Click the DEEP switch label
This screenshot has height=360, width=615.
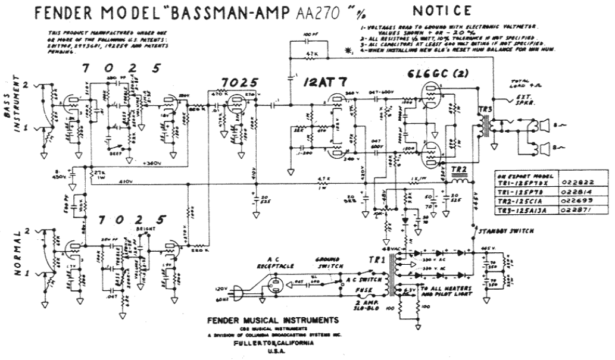tap(115, 153)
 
